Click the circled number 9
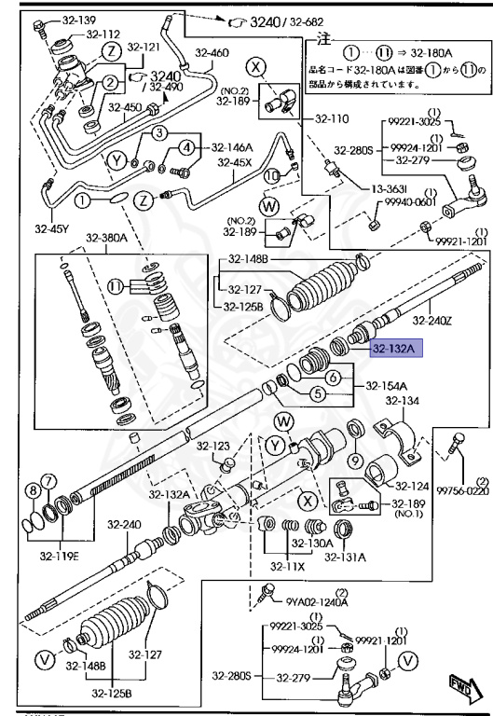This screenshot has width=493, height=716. [356, 460]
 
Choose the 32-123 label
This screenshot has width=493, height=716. [213, 446]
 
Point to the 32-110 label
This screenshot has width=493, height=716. [326, 119]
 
